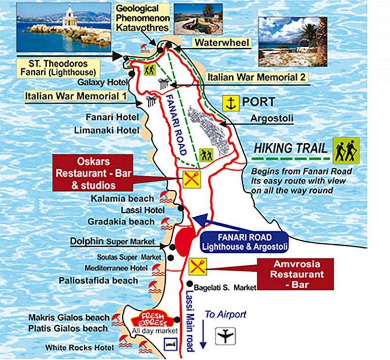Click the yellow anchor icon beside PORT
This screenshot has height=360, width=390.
[x=231, y=103]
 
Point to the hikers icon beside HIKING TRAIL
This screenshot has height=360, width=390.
[x=347, y=150]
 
